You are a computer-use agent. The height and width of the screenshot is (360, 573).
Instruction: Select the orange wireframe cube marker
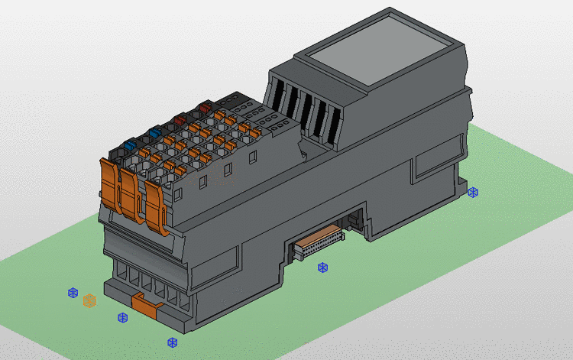tap(90, 300)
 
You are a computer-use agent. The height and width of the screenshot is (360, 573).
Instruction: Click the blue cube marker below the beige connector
tap(322, 268)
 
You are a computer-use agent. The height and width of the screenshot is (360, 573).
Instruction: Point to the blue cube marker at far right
tap(473, 192)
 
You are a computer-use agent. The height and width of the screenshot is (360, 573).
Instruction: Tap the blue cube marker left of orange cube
tap(73, 292)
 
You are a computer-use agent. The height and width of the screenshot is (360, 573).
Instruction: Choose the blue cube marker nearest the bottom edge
tap(172, 342)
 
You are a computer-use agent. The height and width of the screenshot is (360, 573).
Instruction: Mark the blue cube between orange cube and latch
tap(122, 317)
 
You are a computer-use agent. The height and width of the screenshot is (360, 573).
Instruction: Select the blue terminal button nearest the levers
tap(130, 144)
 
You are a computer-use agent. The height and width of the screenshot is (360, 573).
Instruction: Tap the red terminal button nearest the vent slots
tap(203, 108)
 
